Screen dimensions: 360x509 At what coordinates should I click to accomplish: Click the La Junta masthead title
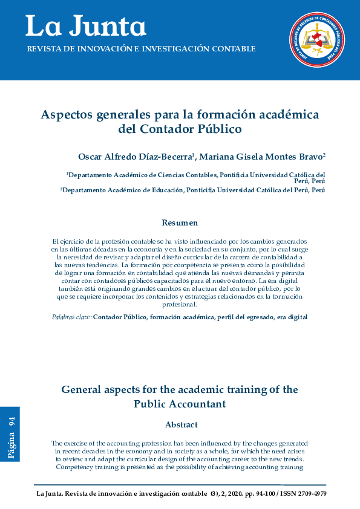coord(85,26)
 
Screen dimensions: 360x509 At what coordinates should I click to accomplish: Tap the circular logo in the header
coord(316,39)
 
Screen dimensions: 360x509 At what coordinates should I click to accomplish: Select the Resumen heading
coord(180,223)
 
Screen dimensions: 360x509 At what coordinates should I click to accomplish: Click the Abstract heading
coord(181,424)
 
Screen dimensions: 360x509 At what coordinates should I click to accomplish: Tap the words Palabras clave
coord(71,317)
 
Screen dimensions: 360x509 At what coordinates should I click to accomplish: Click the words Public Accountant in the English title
coord(180,403)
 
